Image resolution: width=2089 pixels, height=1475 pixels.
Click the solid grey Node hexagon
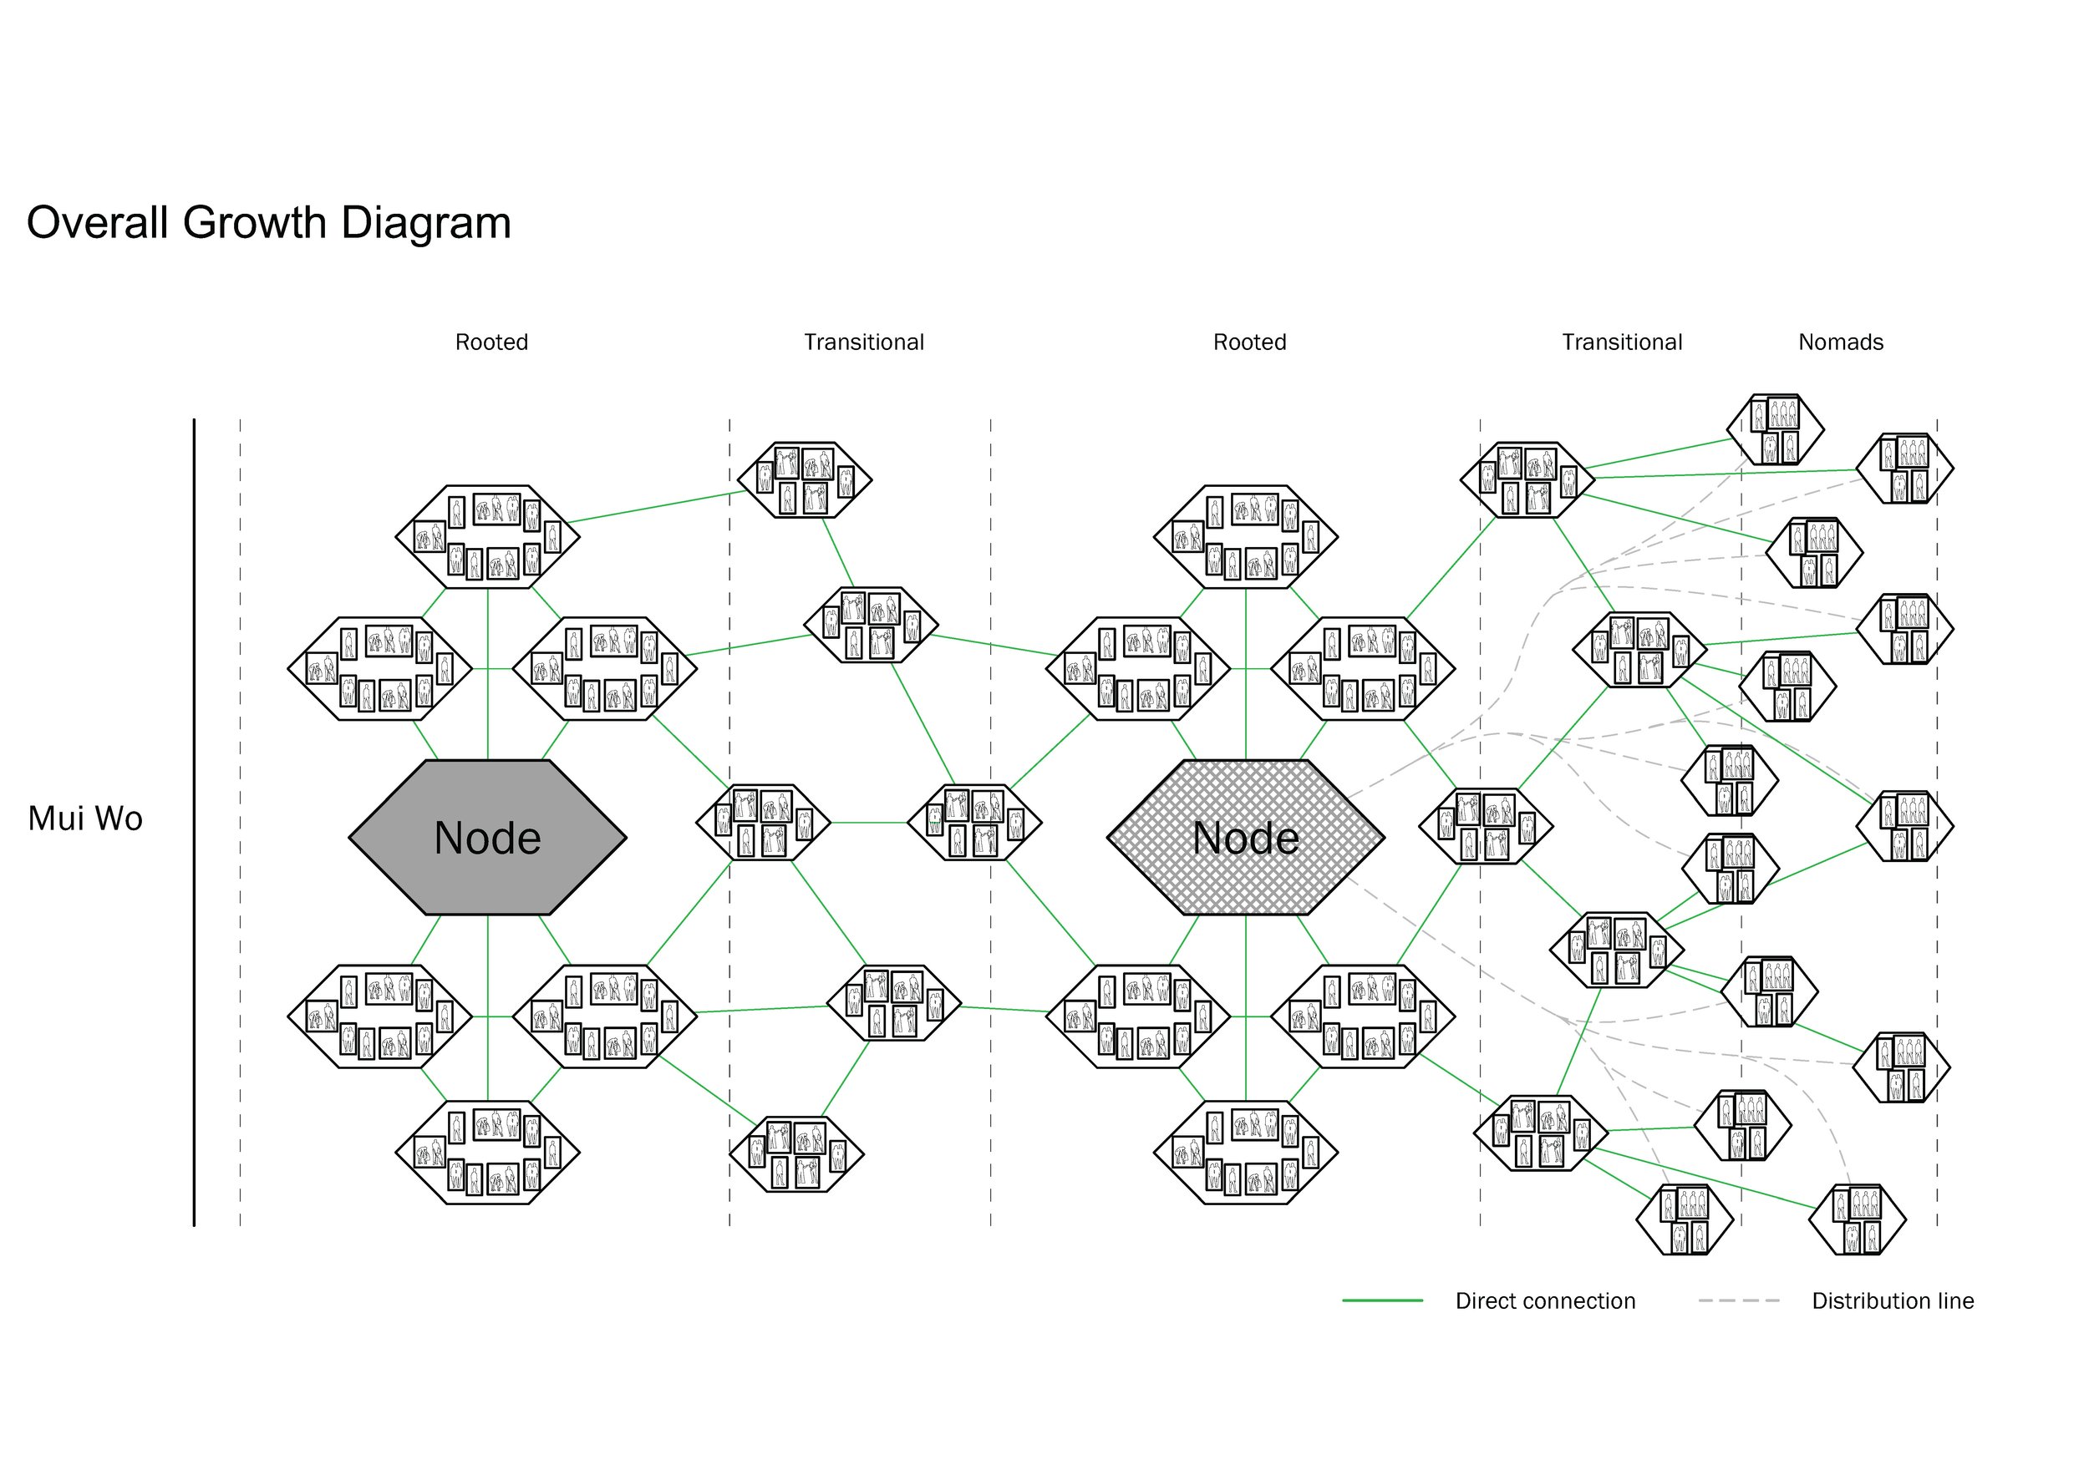[488, 838]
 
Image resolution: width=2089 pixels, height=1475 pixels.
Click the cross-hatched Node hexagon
[1246, 838]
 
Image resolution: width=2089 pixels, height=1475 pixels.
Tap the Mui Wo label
[84, 819]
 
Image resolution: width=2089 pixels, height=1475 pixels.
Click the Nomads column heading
[1840, 342]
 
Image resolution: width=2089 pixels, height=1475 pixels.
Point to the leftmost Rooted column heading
[491, 342]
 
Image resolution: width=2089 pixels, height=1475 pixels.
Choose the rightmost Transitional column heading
[1621, 342]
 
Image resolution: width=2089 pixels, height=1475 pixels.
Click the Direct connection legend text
[1545, 1300]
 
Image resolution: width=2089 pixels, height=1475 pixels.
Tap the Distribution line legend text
[1893, 1300]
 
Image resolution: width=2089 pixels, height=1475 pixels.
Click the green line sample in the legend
[1382, 1300]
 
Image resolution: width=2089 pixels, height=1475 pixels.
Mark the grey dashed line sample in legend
[1738, 1300]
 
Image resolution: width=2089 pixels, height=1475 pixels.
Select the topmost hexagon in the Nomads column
[1775, 429]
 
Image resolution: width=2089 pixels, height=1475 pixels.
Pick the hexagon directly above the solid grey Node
[488, 536]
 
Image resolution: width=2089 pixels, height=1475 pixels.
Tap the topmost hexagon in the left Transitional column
[805, 480]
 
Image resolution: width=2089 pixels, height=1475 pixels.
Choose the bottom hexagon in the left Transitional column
[796, 1154]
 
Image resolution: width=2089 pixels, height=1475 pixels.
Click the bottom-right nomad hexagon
[1857, 1219]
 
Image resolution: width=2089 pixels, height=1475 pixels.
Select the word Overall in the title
[98, 223]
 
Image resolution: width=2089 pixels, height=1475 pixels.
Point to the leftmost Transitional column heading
[863, 342]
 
